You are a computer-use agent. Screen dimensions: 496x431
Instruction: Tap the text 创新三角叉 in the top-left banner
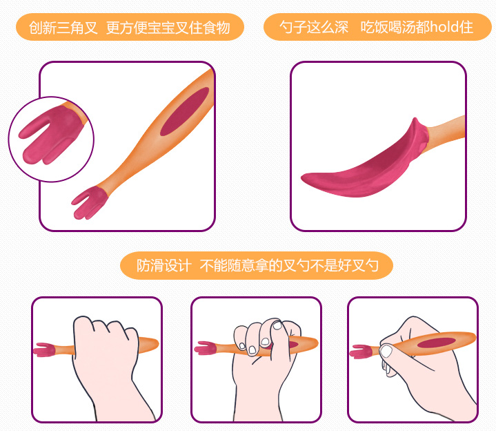(x=63, y=28)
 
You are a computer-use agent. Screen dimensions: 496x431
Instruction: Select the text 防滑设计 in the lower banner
(x=164, y=265)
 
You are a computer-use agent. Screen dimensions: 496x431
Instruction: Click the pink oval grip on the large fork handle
(x=185, y=111)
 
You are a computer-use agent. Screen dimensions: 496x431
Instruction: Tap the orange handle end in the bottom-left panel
(x=148, y=345)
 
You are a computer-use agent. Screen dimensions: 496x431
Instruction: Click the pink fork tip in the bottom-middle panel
(x=206, y=348)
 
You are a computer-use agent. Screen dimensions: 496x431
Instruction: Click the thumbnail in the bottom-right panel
(x=386, y=351)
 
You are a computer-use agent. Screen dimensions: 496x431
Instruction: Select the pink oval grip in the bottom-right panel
(x=436, y=343)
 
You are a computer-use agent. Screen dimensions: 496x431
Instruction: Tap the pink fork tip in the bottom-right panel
(x=361, y=352)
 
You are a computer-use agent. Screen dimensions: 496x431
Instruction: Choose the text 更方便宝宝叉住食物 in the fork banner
(x=168, y=28)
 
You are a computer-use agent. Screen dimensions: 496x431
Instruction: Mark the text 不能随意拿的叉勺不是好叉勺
(x=289, y=265)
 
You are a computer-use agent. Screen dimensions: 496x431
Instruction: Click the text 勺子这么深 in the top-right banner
(x=314, y=27)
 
